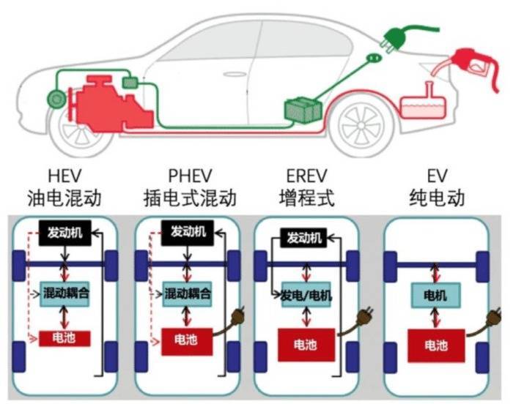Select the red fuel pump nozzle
(470, 61)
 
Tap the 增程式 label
(306, 198)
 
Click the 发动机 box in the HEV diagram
(66, 232)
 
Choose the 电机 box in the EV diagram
(435, 296)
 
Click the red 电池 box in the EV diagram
(435, 345)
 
